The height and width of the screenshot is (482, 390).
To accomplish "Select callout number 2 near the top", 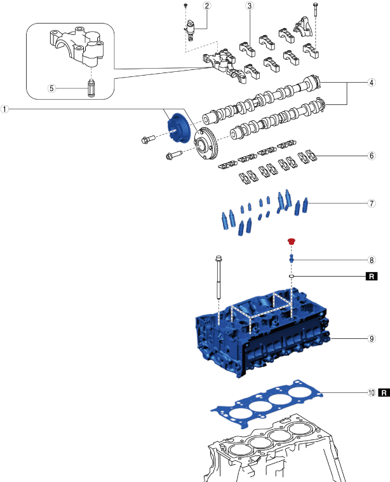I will coord(189,6).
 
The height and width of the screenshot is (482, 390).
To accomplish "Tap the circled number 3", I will coord(250,6).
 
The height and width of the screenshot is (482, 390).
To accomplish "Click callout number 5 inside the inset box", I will coord(54,88).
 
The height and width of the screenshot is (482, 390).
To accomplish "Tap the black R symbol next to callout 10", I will coord(384,393).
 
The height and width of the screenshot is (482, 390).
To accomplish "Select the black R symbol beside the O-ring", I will coord(371,277).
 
